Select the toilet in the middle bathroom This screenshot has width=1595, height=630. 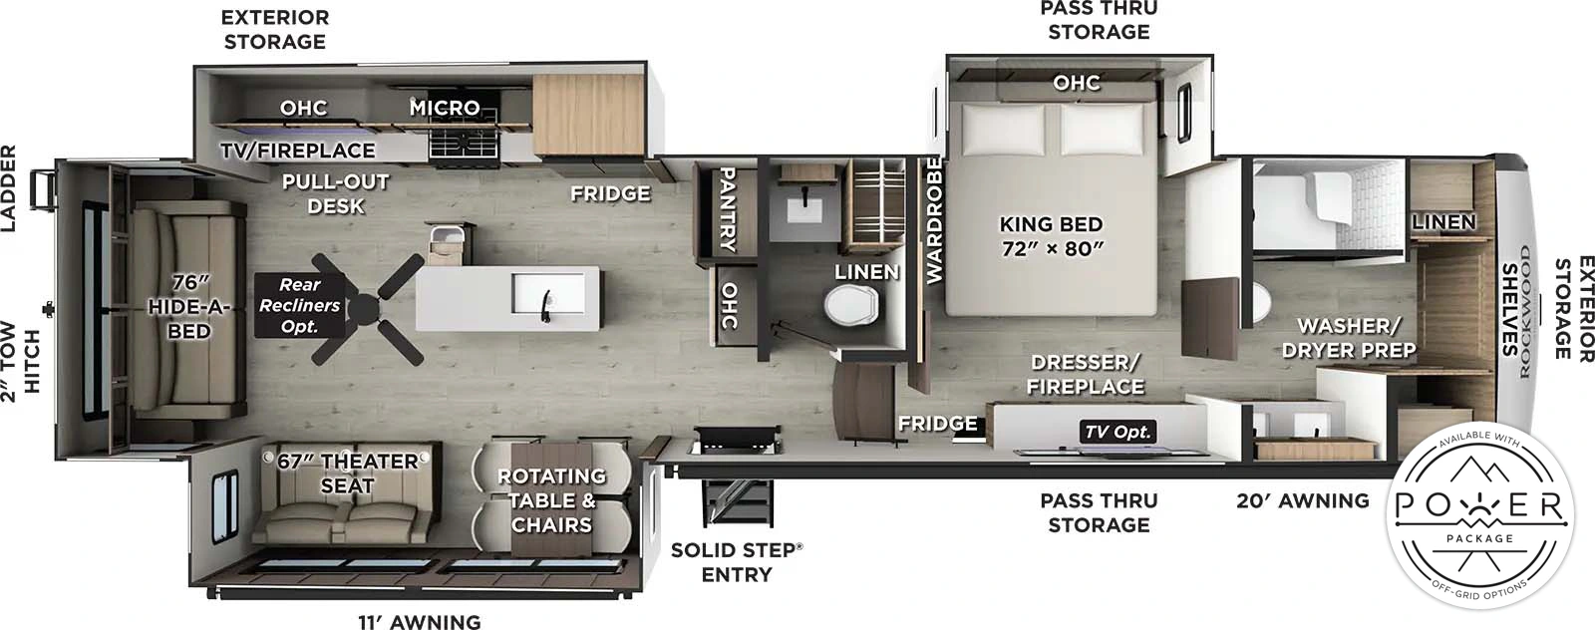point(852,305)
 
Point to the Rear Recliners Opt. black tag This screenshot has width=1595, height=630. point(299,305)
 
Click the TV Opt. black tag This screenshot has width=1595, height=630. point(1117,432)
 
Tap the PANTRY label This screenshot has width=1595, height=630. point(728,209)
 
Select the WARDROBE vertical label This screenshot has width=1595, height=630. point(934,220)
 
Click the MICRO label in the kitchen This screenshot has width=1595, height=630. point(445,107)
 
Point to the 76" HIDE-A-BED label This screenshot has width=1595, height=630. point(188,307)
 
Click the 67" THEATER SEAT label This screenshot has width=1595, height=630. point(347,473)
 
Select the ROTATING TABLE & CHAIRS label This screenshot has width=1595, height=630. point(551,500)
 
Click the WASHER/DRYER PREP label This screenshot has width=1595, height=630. point(1348,338)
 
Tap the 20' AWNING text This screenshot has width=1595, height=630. point(1302,501)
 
